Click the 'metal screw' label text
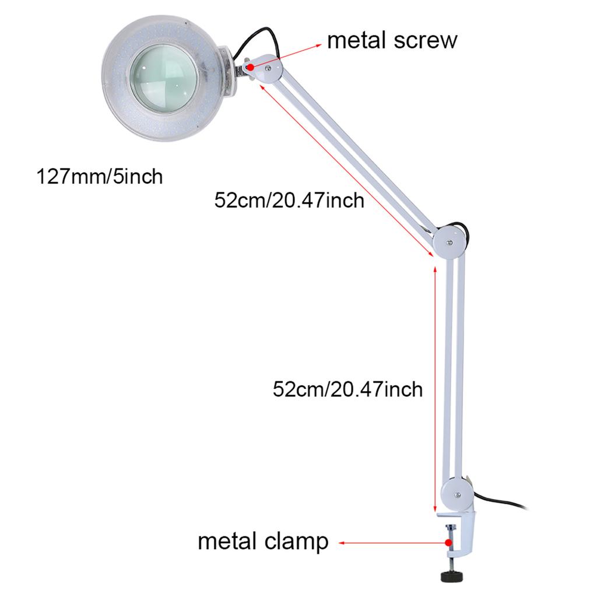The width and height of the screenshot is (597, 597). pyautogui.click(x=392, y=41)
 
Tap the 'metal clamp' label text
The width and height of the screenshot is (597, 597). pyautogui.click(x=263, y=542)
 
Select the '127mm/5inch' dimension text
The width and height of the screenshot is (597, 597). pyautogui.click(x=99, y=175)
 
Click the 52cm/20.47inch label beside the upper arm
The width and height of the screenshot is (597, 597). pyautogui.click(x=289, y=201)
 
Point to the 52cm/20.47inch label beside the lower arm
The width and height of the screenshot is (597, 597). pyautogui.click(x=347, y=388)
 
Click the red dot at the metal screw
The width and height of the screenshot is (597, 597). pyautogui.click(x=250, y=68)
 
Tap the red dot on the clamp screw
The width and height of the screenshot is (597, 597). pyautogui.click(x=448, y=542)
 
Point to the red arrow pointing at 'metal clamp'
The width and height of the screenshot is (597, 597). pyautogui.click(x=391, y=542)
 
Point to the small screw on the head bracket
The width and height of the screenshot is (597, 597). pyautogui.click(x=267, y=68)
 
